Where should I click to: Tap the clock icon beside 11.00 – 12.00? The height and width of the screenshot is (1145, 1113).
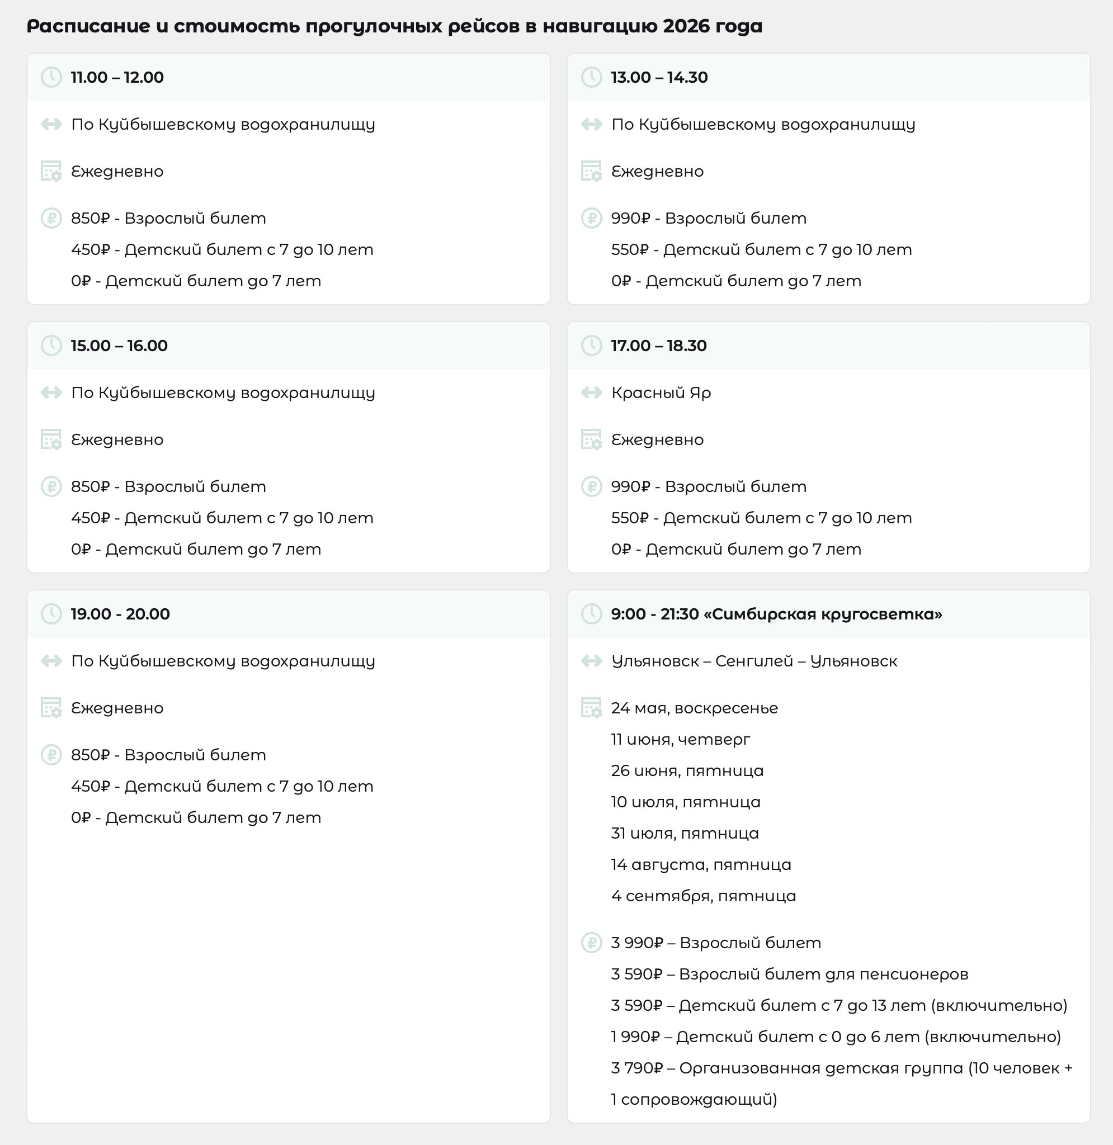point(51,77)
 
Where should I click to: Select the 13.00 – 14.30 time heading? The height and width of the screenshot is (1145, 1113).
point(659,77)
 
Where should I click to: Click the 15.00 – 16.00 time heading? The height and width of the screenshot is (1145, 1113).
point(119,346)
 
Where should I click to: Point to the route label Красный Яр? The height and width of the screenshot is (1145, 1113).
point(661,392)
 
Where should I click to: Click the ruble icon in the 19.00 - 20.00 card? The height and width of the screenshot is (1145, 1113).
point(51,755)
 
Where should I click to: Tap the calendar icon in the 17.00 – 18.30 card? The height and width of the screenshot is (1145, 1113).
point(591,439)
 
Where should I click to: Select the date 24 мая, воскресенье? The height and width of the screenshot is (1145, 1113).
point(694,708)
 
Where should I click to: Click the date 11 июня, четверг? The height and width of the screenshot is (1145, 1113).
point(680,740)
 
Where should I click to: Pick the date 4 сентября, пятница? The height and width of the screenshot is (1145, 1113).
point(703,896)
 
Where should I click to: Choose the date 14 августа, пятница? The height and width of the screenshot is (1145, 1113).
point(700,864)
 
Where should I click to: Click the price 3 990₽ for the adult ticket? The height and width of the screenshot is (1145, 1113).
point(636,943)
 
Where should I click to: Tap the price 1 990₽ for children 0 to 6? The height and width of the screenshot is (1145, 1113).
point(635,1037)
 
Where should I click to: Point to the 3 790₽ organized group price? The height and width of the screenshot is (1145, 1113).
point(636,1068)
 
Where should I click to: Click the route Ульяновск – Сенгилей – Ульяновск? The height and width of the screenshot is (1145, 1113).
point(753,661)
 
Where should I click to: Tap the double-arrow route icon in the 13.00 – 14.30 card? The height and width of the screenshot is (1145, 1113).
point(591,125)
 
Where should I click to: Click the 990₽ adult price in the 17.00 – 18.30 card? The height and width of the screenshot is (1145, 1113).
point(630,486)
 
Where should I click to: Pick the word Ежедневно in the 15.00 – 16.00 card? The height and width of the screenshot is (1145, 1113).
point(117,439)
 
